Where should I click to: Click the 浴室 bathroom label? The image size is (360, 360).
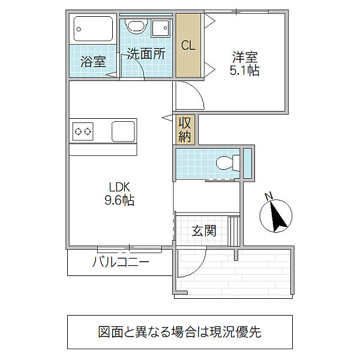click(92, 61)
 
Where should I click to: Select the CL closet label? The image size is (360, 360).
click(188, 45)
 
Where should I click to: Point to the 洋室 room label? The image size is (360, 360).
click(245, 58)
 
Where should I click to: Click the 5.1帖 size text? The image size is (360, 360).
click(245, 71)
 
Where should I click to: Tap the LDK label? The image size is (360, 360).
click(119, 187)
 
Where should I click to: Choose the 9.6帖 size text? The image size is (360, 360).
click(119, 200)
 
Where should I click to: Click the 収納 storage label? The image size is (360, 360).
click(185, 129)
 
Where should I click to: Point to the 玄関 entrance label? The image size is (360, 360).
click(204, 230)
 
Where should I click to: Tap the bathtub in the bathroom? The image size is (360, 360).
click(93, 29)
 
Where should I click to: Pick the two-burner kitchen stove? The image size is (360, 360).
click(83, 130)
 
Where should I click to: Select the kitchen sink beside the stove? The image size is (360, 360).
click(122, 130)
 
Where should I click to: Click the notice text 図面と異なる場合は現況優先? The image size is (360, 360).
click(179, 332)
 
